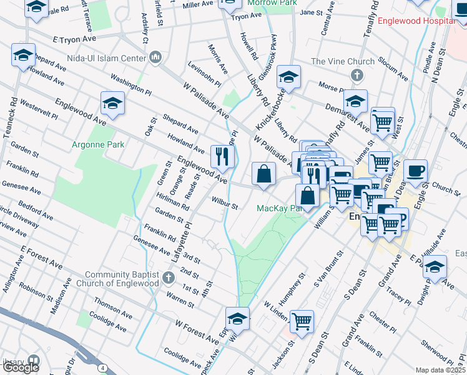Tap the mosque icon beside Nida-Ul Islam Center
(x=155, y=59)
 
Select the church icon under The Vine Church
(x=356, y=76)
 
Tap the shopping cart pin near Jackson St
(x=302, y=322)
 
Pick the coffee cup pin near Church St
(x=415, y=170)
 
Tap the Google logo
(x=20, y=367)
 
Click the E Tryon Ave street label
(x=74, y=39)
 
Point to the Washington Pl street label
(x=131, y=85)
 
